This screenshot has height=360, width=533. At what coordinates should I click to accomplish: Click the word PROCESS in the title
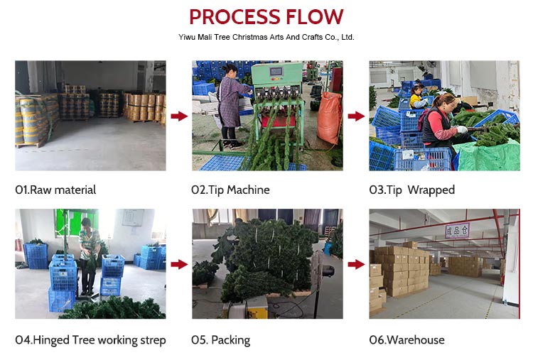pyautogui.click(x=235, y=16)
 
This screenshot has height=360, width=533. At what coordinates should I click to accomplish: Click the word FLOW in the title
pyautogui.click(x=314, y=16)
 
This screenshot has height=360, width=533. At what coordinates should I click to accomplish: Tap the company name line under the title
pyautogui.click(x=266, y=37)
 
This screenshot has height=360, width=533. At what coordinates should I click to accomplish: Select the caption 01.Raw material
pyautogui.click(x=55, y=190)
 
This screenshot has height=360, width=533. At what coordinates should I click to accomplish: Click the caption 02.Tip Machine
pyautogui.click(x=230, y=190)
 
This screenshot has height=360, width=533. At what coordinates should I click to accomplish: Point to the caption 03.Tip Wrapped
pyautogui.click(x=412, y=190)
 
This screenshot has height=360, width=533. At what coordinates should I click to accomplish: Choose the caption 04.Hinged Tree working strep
pyautogui.click(x=90, y=340)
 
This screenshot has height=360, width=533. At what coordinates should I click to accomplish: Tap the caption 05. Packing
pyautogui.click(x=220, y=340)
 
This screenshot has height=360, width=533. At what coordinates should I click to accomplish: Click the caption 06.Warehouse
pyautogui.click(x=407, y=339)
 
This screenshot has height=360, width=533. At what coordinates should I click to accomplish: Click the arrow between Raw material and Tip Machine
pyautogui.click(x=179, y=116)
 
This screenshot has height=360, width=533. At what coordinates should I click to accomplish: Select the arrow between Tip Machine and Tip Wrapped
pyautogui.click(x=356, y=116)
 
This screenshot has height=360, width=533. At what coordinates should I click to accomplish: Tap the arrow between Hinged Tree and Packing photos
pyautogui.click(x=179, y=264)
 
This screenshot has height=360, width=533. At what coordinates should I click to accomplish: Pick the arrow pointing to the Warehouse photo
pyautogui.click(x=356, y=264)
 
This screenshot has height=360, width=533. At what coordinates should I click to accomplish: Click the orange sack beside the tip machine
pyautogui.click(x=329, y=117)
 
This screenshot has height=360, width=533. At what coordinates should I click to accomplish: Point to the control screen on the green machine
pyautogui.click(x=276, y=72)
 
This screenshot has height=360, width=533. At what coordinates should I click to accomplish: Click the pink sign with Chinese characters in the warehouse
pyautogui.click(x=457, y=231)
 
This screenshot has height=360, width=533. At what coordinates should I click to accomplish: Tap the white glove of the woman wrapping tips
pyautogui.click(x=462, y=129)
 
